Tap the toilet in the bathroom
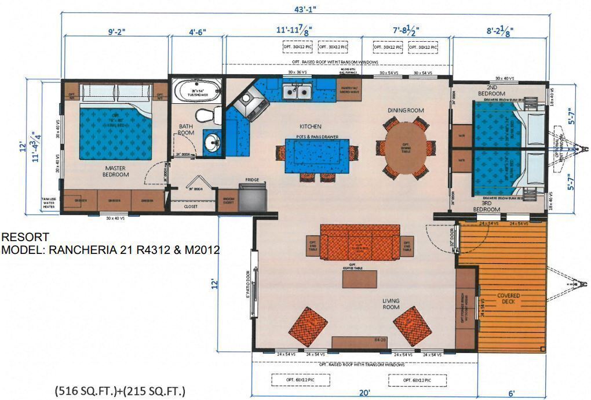205,115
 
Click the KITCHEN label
310,126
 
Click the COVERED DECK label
508,299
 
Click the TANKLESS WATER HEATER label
49,203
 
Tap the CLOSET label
191,205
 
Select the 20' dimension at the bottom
364,392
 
